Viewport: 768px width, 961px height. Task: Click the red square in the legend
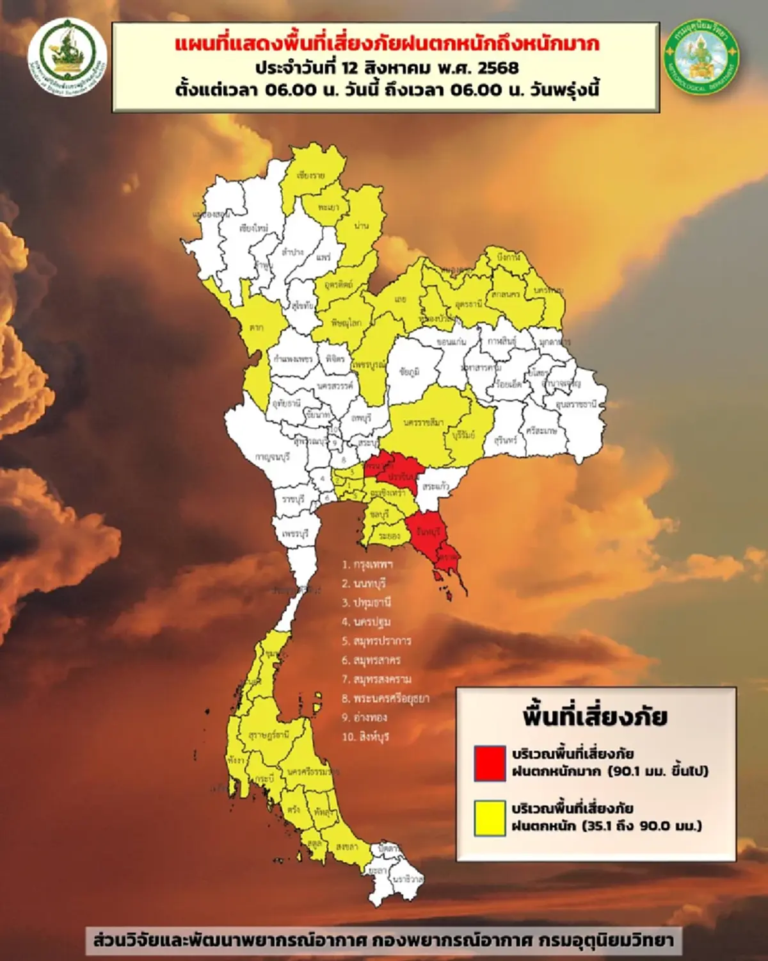[x=490, y=762]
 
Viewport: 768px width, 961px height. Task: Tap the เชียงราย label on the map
[x=310, y=175]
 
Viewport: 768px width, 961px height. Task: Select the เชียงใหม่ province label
[x=254, y=227]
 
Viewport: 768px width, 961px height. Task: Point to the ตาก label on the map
[x=257, y=328]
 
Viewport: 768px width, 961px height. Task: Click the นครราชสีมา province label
[x=424, y=423]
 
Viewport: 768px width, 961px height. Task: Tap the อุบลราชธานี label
[x=576, y=404]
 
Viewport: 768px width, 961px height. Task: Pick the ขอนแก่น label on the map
[x=452, y=342]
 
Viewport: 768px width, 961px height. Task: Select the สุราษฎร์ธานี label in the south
[x=268, y=734]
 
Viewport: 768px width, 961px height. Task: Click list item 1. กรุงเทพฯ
[x=367, y=564]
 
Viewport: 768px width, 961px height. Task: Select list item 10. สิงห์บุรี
[x=365, y=737]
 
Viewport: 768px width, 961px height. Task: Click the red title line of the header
[x=387, y=44]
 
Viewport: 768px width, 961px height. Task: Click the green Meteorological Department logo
[x=701, y=55]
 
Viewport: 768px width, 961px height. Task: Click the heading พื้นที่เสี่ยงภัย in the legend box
[x=595, y=716]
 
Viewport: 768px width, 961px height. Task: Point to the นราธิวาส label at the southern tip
[x=407, y=879]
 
